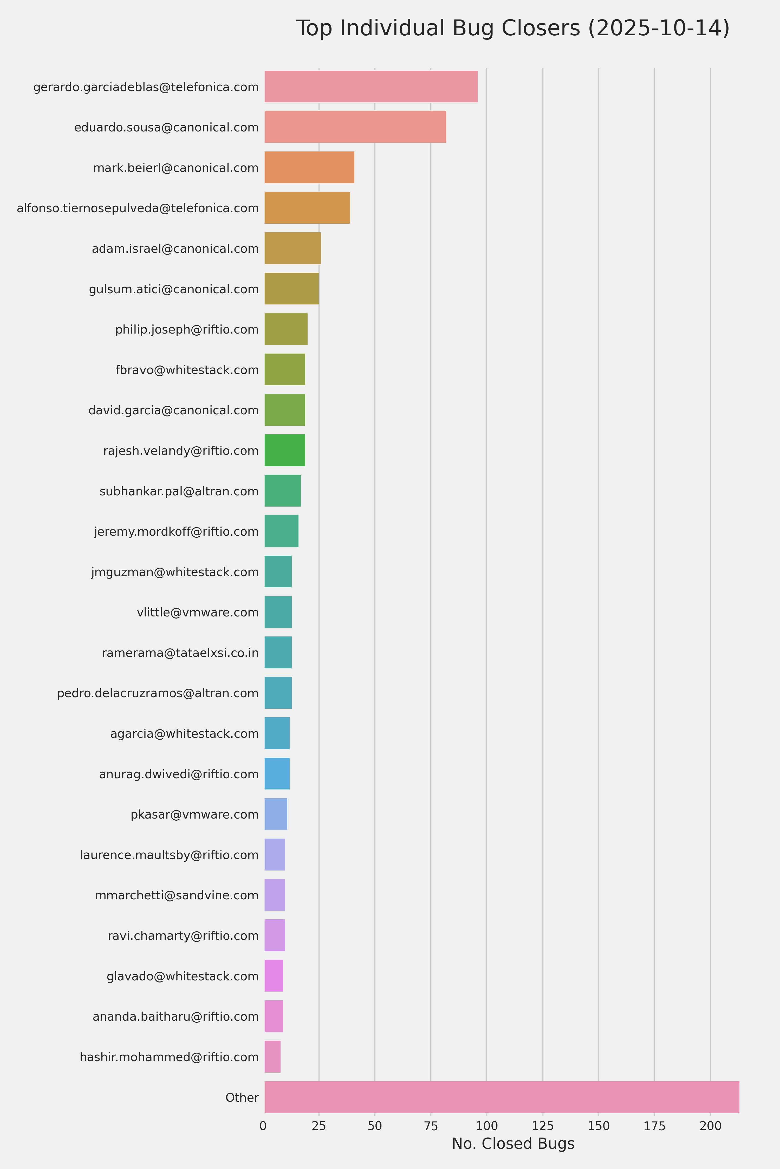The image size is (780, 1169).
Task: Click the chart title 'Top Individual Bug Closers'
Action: point(512,28)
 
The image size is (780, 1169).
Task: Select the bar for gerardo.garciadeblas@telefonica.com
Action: point(370,87)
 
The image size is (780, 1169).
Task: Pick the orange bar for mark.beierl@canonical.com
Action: point(309,168)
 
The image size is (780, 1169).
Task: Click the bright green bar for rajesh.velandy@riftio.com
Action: point(284,450)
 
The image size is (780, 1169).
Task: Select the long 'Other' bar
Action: point(502,1097)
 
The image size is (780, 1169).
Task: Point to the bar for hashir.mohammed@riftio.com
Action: point(272,1057)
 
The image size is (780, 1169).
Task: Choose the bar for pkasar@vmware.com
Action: point(276,814)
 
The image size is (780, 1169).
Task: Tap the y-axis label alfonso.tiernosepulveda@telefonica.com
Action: point(138,208)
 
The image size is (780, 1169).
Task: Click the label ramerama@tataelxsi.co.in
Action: point(180,653)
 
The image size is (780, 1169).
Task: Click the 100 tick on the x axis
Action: point(486,1126)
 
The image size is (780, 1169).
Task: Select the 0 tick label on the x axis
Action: point(263,1126)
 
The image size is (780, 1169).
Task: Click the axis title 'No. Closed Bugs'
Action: point(513,1144)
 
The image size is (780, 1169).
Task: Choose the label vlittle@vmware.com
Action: point(198,612)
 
